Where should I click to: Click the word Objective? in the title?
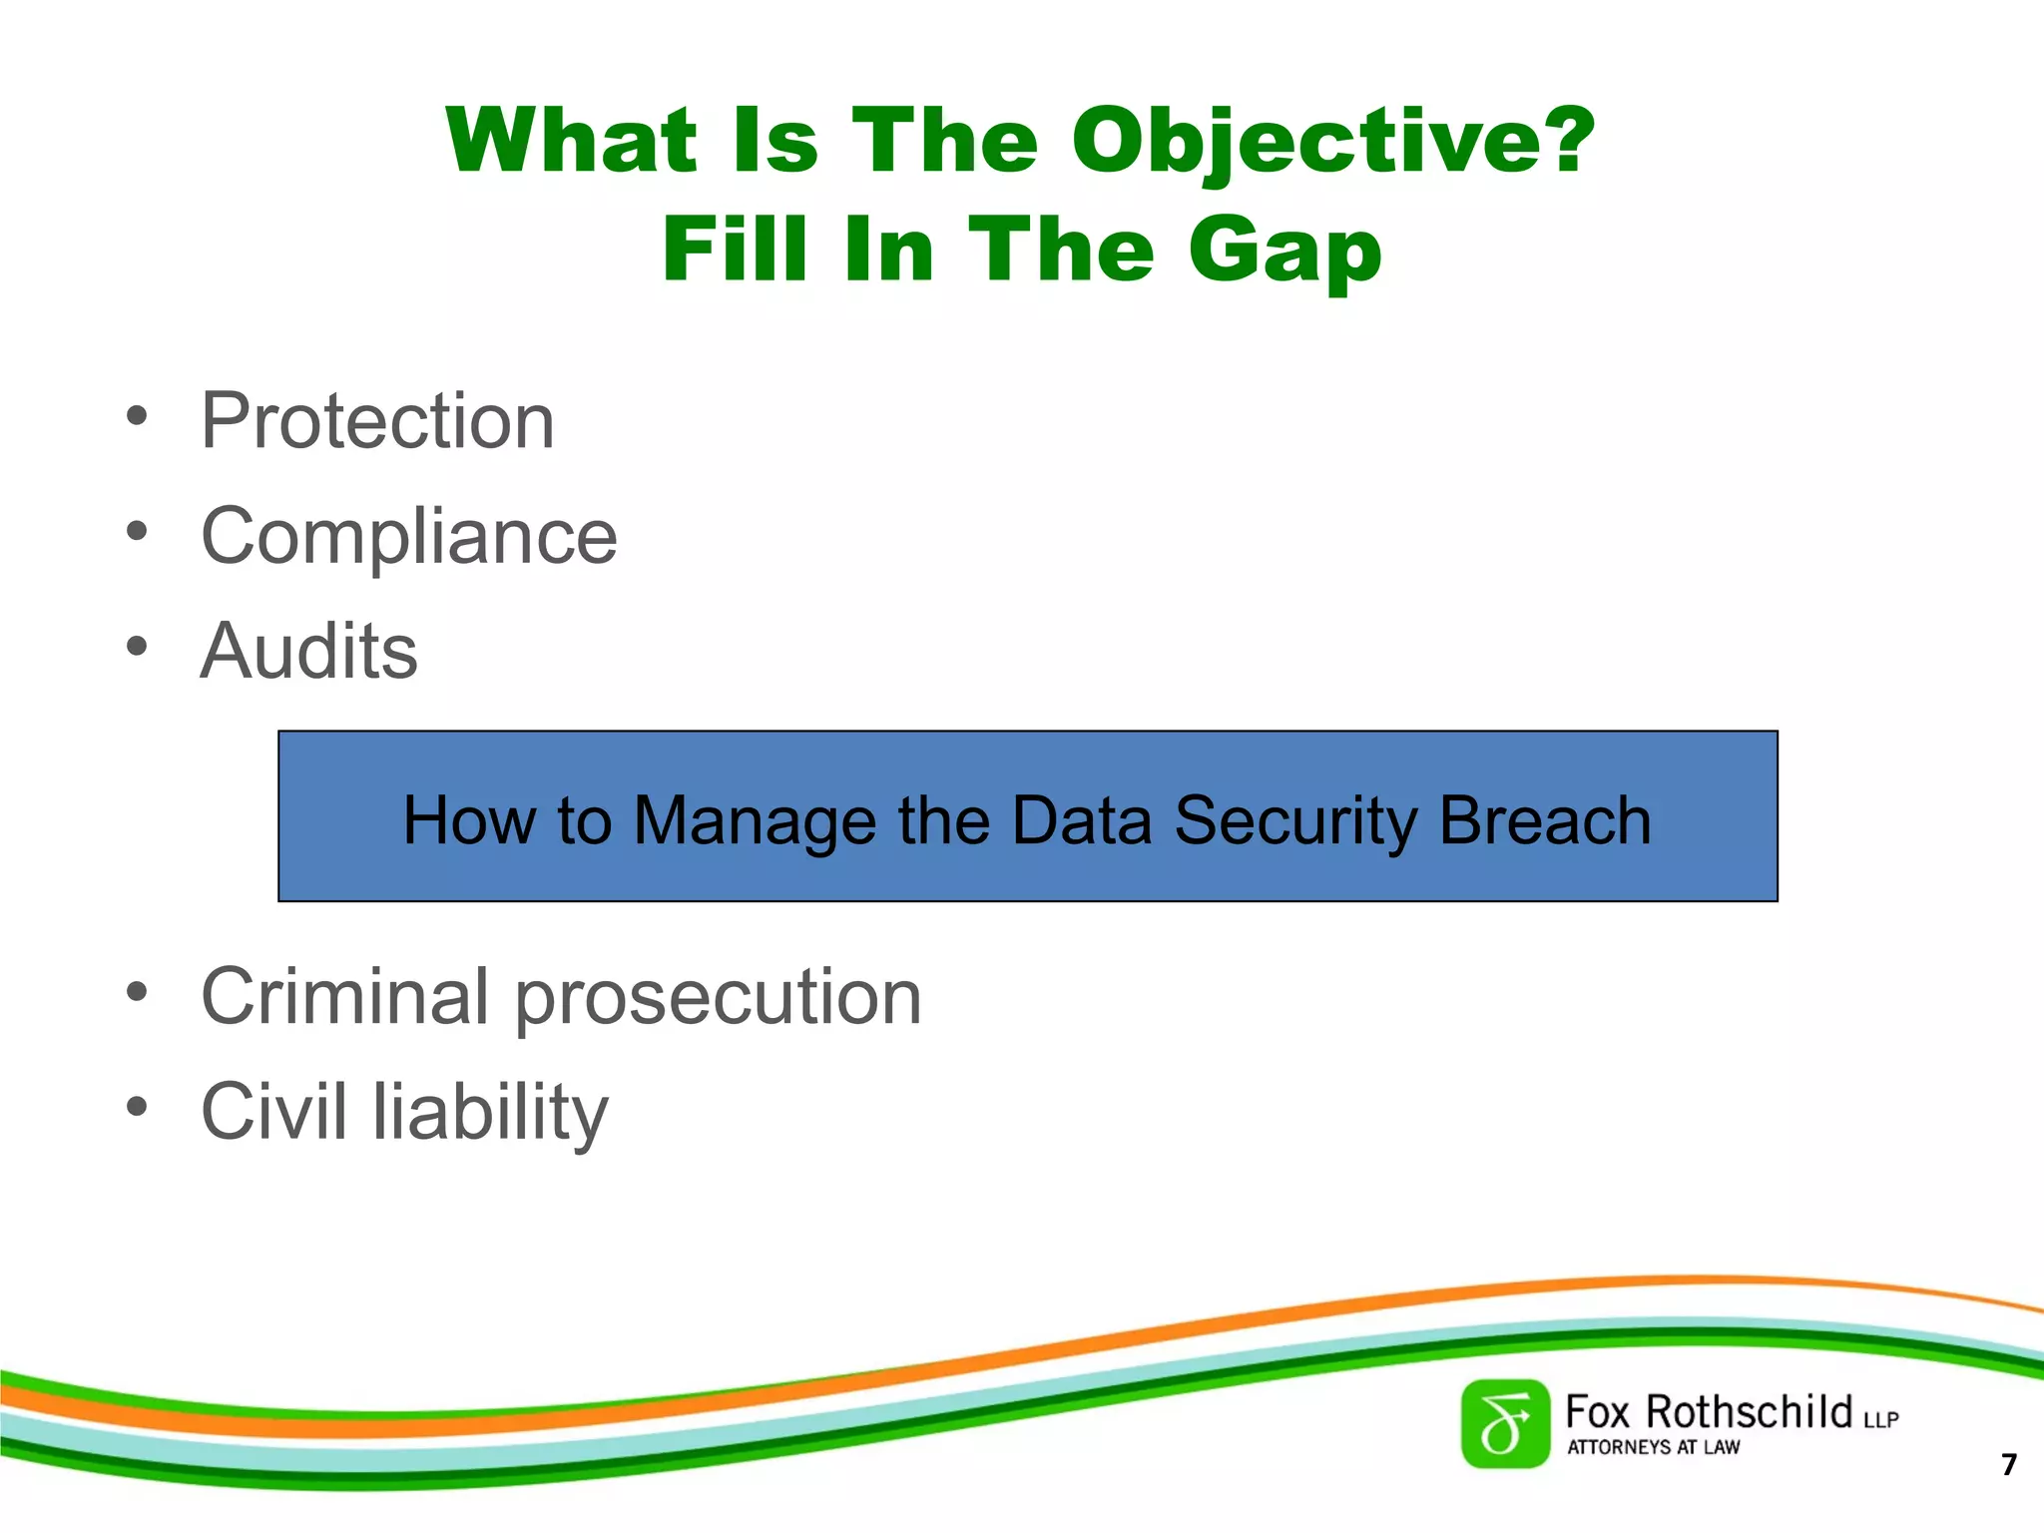(x=1333, y=142)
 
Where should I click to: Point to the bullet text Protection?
(x=377, y=421)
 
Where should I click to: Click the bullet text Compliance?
(x=409, y=536)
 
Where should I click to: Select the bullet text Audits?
(x=308, y=651)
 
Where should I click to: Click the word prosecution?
(x=719, y=998)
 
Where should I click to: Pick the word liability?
(x=490, y=1112)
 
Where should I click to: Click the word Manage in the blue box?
(x=756, y=821)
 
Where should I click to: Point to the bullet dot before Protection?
(x=137, y=415)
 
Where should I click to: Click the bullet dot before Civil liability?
(x=137, y=1106)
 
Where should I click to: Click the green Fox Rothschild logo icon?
(x=1505, y=1424)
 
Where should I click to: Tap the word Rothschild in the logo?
(x=1749, y=1412)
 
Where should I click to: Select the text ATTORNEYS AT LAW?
(x=1653, y=1447)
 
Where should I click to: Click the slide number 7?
(x=2009, y=1464)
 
